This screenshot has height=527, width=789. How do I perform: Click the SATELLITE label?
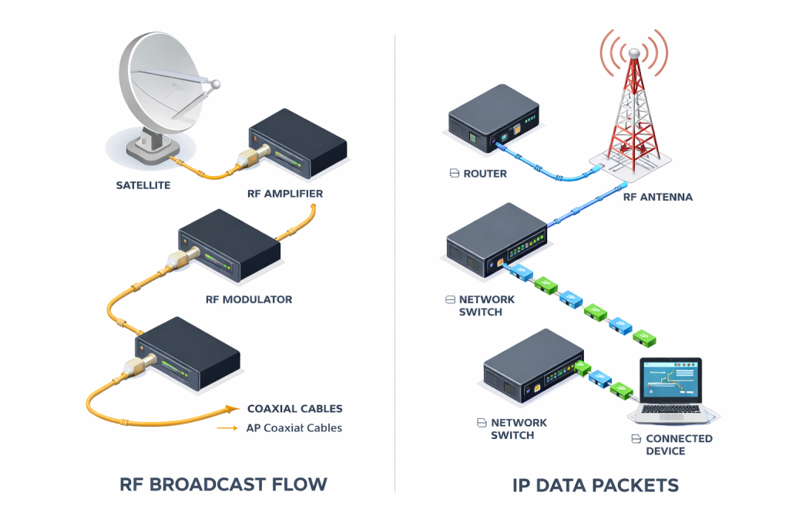pos(143,185)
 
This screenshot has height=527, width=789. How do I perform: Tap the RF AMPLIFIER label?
pos(285,194)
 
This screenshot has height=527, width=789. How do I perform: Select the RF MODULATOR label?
pos(249,299)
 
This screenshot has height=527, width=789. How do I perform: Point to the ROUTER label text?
pos(485,174)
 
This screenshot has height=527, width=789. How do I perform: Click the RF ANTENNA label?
pos(658,197)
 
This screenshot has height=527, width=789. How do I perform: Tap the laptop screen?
pos(671,379)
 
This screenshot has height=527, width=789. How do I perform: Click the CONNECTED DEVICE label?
pos(679,445)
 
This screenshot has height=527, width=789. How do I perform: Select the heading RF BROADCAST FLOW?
pos(223,484)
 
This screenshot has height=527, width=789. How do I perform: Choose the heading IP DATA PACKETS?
pos(596,485)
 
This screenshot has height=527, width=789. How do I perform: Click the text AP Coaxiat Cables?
pos(294,427)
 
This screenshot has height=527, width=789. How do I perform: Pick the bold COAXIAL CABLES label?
pos(295,409)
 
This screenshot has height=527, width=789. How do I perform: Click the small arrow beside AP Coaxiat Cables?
pos(227,428)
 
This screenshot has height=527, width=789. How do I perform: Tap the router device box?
pos(494,118)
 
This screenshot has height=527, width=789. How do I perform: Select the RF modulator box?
pos(230,245)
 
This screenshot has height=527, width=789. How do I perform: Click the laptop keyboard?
pos(671,409)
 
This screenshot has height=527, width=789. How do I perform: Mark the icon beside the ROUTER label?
pos(455,174)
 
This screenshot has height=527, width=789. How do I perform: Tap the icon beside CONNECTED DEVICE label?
pos(636,439)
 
